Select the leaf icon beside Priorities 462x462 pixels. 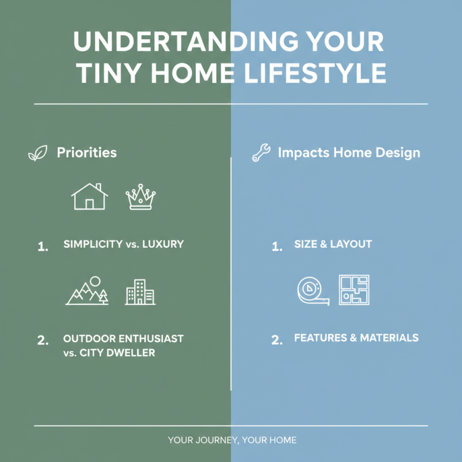coord(38,154)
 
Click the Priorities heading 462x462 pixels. coord(87,153)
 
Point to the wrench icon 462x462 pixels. coord(261,154)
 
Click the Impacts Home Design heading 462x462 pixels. coord(349,153)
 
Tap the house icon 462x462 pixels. coord(90,197)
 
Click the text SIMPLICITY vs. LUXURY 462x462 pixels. coord(124,244)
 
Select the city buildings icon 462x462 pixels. coord(140,292)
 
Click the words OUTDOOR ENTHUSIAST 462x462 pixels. coord(124,338)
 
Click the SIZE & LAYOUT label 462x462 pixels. coord(333,244)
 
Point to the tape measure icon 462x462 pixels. coord(312,290)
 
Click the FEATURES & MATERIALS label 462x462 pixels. coord(356,338)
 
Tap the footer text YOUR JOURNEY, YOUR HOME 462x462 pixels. coord(232,440)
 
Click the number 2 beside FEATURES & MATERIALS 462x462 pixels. coord(277,340)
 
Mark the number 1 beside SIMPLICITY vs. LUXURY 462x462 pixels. coord(42,247)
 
